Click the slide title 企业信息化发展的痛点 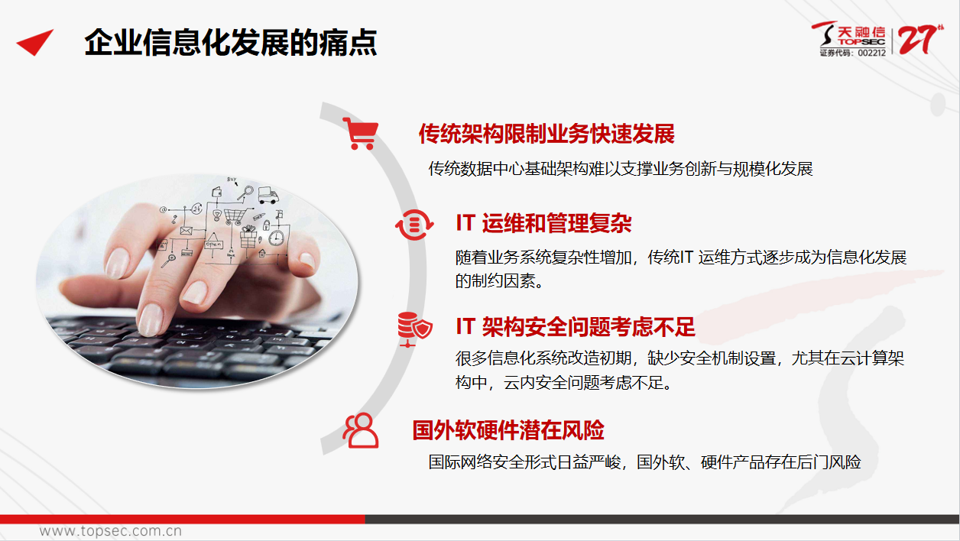point(231,43)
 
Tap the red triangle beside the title point(37,42)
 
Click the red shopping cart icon point(361,134)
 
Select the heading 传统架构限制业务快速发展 point(546,134)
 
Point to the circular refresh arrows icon point(414,225)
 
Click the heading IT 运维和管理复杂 point(543,223)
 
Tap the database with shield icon point(414,329)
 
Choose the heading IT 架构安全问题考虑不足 point(575,327)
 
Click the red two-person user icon point(361,430)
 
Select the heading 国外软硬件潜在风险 point(508,430)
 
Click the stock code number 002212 point(871,53)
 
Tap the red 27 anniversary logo point(920,40)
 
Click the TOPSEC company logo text point(862,42)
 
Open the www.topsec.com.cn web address point(111,531)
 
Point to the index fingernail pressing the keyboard point(151,319)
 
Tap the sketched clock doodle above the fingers point(277,238)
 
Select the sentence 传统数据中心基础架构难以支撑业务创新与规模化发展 point(621,169)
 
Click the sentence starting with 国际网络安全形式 point(644,462)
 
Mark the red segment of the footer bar point(182,519)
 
